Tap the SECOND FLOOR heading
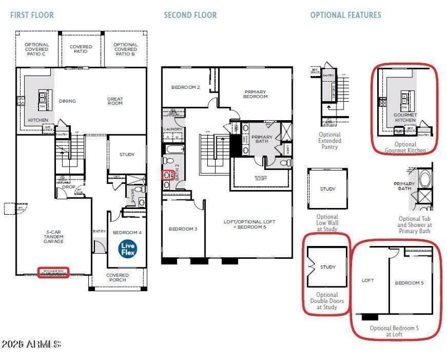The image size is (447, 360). tap(190, 15)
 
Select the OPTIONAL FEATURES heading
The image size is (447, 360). tap(345, 15)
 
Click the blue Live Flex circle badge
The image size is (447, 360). tap(127, 249)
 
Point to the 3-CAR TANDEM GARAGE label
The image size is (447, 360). tap(54, 237)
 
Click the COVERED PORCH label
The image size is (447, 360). tap(117, 278)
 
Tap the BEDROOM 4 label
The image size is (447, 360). tap(127, 232)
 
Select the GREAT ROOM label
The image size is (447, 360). tap(115, 101)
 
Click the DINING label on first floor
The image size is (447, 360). tap(68, 101)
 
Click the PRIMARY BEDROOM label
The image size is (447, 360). tap(255, 94)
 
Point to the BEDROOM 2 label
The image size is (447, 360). tap(186, 87)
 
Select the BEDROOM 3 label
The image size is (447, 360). tap(183, 229)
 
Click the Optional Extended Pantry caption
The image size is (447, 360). tap(330, 141)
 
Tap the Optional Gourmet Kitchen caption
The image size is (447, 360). tap(405, 148)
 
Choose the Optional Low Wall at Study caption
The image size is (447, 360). tap(327, 222)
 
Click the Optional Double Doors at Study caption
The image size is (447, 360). tap(327, 301)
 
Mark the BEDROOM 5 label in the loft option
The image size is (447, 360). tap(410, 283)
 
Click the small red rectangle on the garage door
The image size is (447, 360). tap(53, 272)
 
